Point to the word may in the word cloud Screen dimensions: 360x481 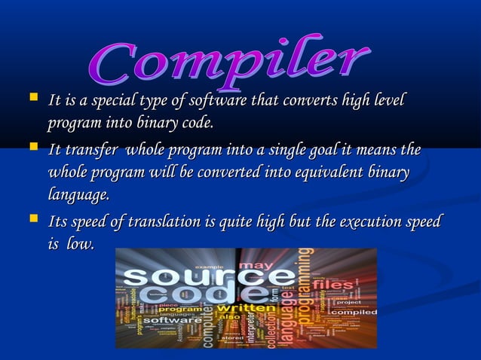[x=258, y=264]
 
